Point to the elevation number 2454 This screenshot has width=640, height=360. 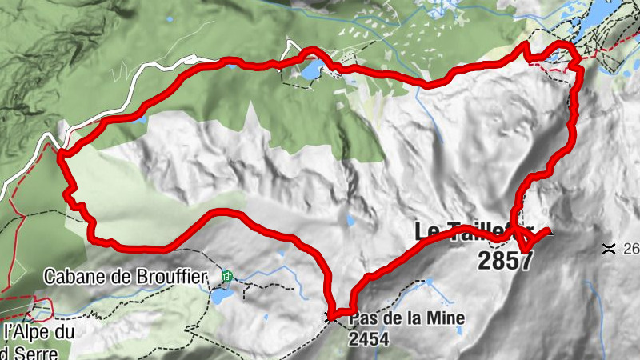(368, 339)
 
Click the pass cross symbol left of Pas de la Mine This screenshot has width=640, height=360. (331, 317)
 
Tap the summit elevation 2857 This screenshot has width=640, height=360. (505, 261)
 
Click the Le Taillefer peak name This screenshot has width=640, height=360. (472, 232)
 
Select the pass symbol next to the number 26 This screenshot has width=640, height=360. (609, 248)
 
